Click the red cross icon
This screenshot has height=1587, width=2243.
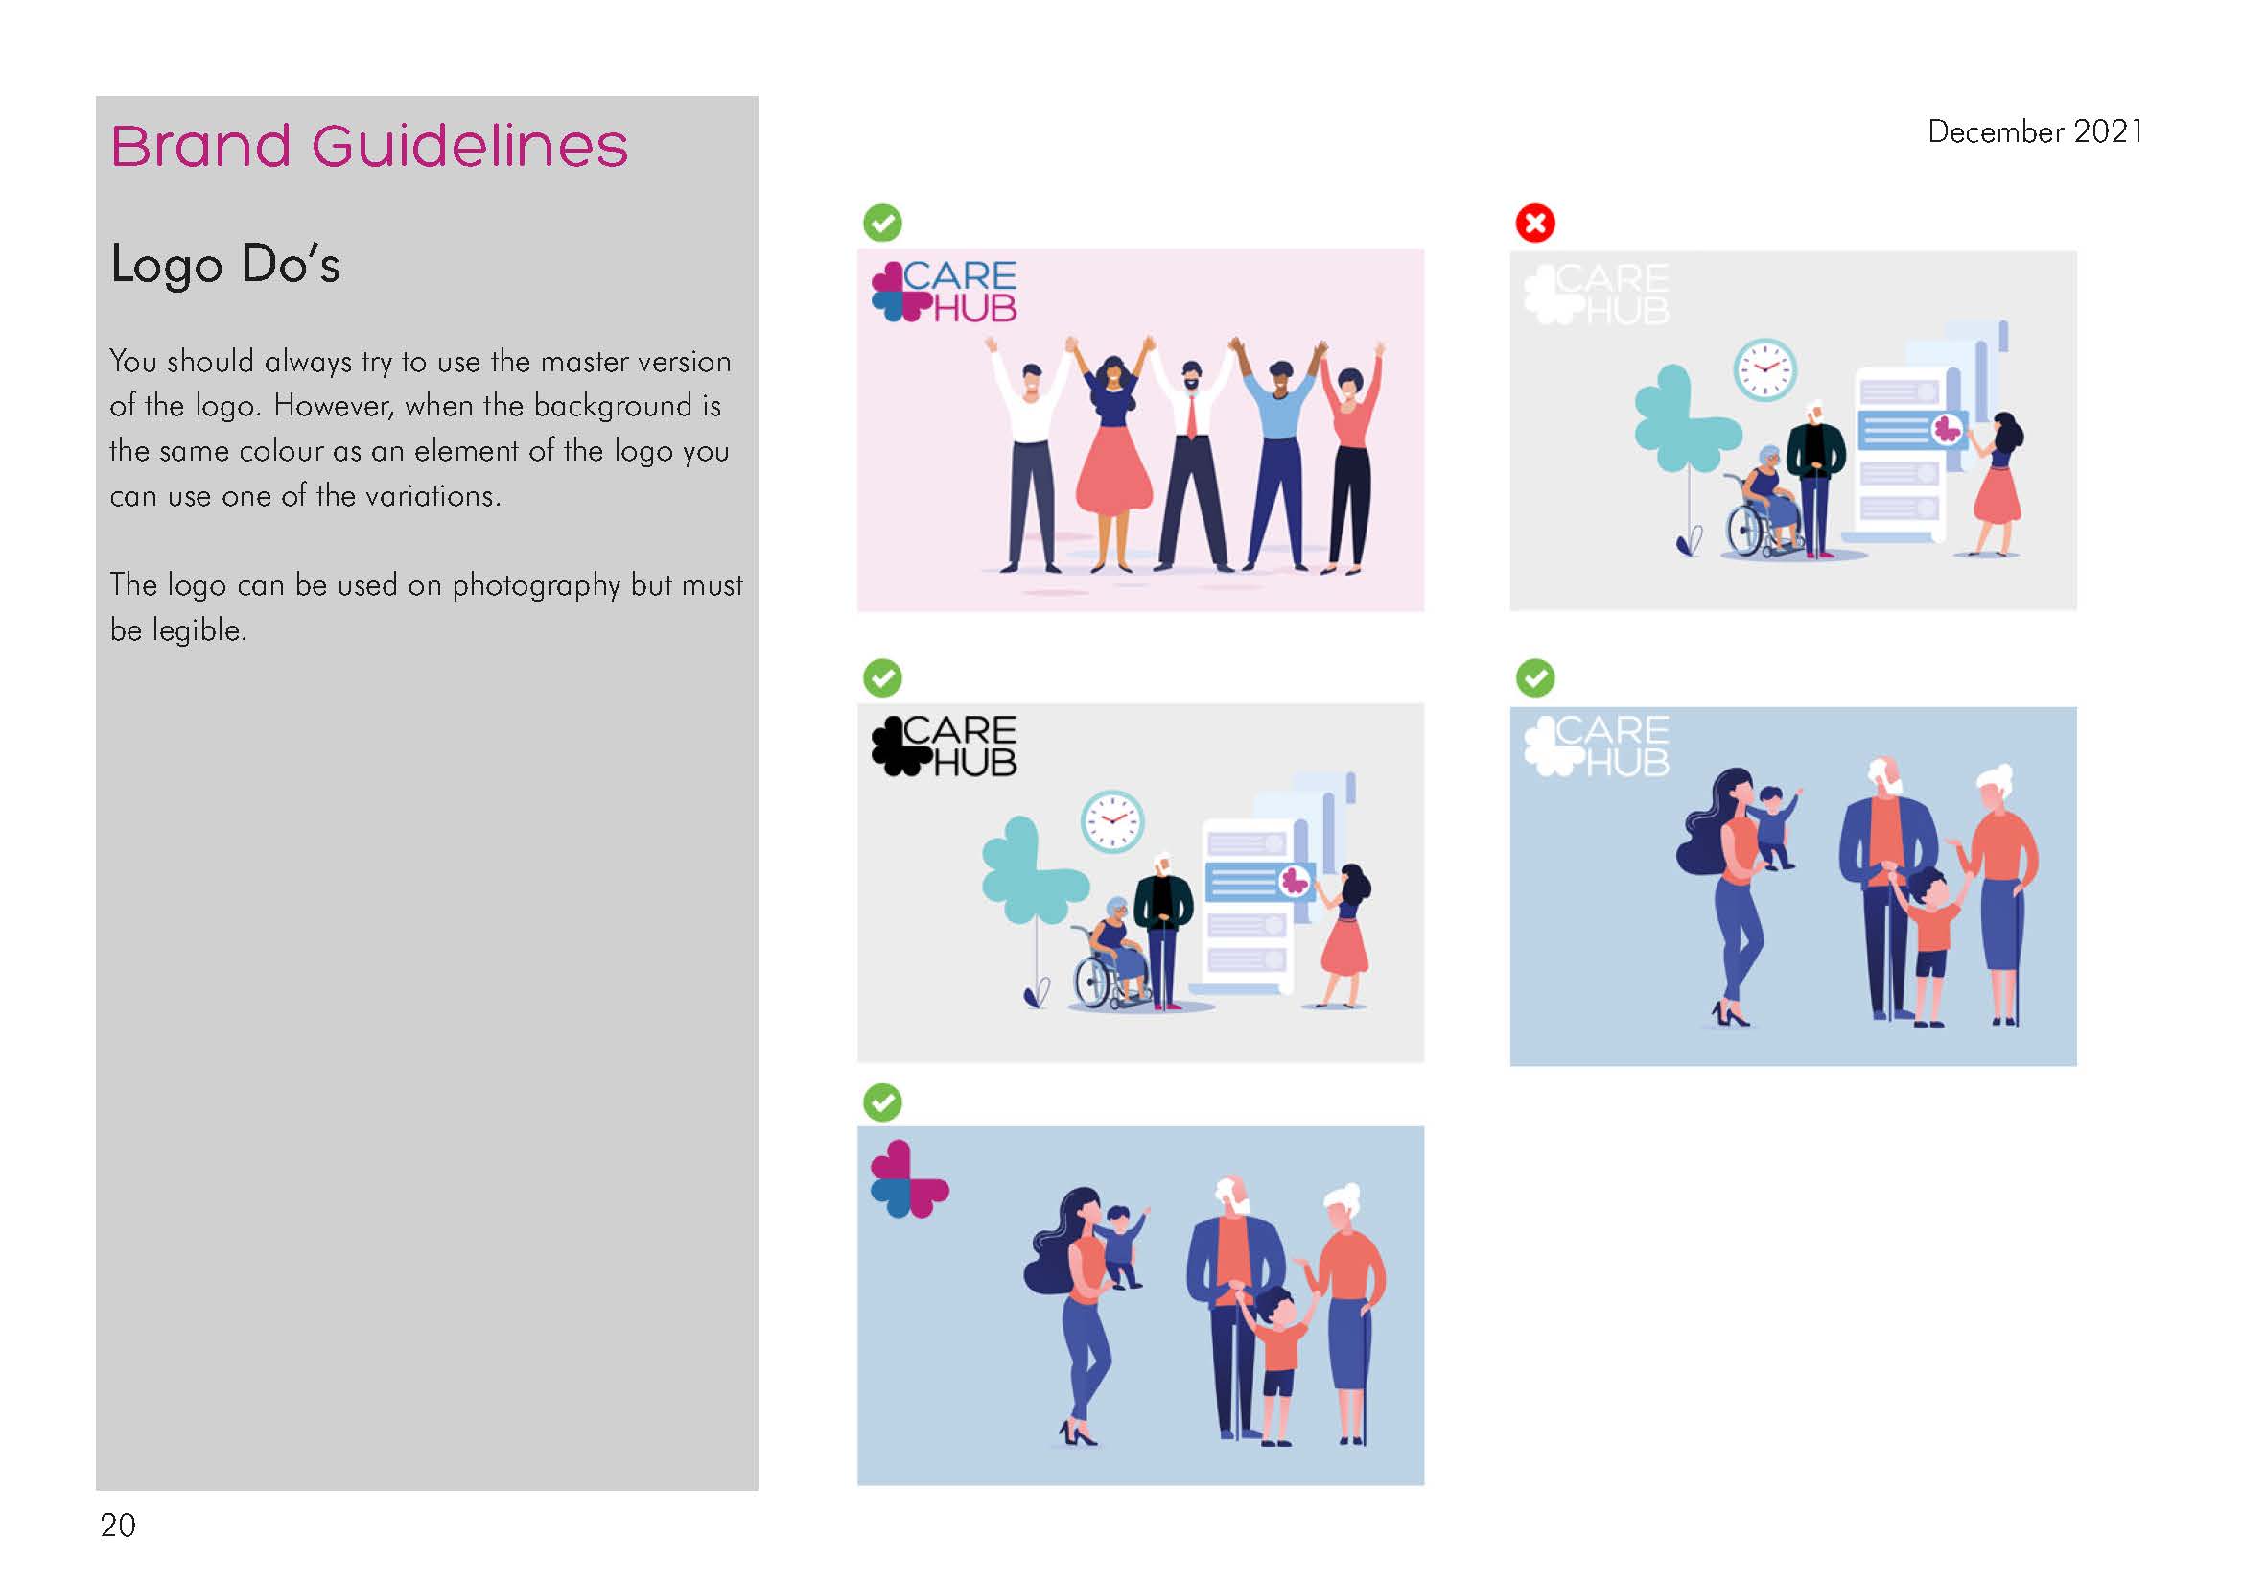click(x=1534, y=223)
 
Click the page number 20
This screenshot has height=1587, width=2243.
click(x=117, y=1526)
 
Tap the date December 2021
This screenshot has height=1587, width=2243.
click(x=2035, y=131)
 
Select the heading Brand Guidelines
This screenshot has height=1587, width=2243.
click(x=369, y=147)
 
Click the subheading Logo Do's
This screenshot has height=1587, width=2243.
click(x=224, y=264)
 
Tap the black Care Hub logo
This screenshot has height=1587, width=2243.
click(x=944, y=746)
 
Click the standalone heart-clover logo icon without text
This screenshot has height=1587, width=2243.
click(x=909, y=1179)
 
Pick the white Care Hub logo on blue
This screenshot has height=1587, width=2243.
click(x=1597, y=746)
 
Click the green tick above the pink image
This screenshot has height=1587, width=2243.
click(x=882, y=223)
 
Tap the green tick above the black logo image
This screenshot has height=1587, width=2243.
click(x=882, y=677)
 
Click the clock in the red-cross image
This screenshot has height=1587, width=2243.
click(x=1764, y=369)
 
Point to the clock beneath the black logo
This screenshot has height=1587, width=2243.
click(x=1111, y=822)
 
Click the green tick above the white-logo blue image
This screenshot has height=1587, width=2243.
click(x=1534, y=677)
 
